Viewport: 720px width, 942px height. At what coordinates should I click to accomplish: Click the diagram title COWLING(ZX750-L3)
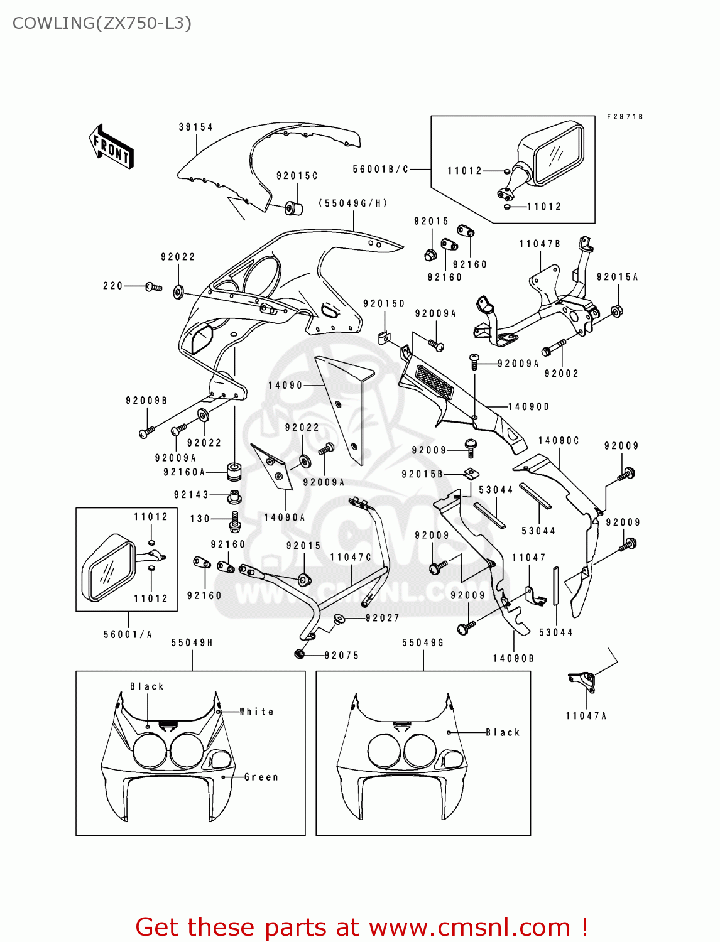point(102,23)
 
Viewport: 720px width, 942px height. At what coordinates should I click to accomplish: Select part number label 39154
point(195,127)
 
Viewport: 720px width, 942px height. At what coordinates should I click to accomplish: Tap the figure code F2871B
point(625,117)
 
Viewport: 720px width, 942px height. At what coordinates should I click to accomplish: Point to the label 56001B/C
point(380,169)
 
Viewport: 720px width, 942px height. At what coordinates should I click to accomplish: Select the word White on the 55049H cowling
point(257,712)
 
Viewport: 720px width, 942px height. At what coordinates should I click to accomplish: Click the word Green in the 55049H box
point(261,777)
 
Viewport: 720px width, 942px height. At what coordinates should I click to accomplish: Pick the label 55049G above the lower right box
point(423,642)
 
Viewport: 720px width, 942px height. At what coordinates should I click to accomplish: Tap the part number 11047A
point(586,715)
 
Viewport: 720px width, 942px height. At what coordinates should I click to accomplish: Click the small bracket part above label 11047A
point(581,680)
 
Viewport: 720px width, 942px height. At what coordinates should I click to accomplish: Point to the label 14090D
point(528,407)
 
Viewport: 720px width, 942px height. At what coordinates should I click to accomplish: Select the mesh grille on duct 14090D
point(435,381)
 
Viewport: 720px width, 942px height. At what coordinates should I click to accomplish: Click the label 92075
point(341,655)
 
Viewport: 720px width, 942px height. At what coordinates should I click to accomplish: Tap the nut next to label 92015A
point(616,310)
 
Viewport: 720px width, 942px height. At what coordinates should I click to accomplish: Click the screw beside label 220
point(154,287)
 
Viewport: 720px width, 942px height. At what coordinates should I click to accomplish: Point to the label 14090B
point(513,658)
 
